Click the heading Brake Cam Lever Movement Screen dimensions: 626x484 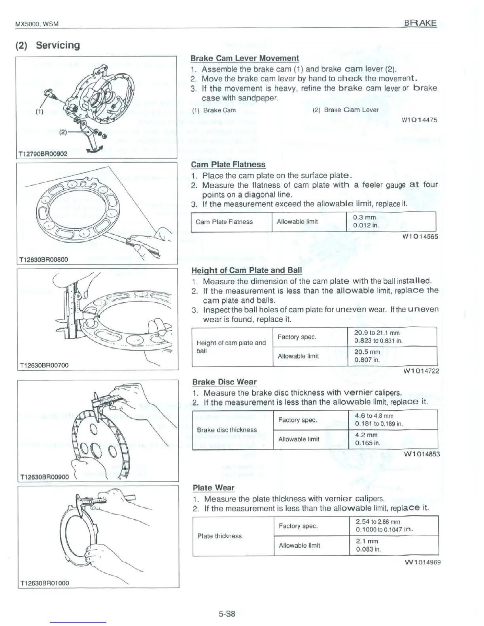click(x=244, y=58)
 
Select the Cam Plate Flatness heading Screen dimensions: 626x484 click(x=228, y=164)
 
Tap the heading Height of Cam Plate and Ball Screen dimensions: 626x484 click(x=246, y=270)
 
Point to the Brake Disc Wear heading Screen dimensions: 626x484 click(x=224, y=382)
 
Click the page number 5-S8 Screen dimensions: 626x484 click(x=227, y=614)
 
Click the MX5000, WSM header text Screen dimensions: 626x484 click(x=36, y=24)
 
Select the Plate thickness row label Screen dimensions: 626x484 click(x=219, y=536)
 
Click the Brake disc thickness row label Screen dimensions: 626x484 click(x=227, y=430)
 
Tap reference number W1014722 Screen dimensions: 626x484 click(x=421, y=371)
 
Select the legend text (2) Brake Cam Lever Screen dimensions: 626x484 click(x=345, y=110)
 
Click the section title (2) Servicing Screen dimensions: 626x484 click(x=47, y=45)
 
